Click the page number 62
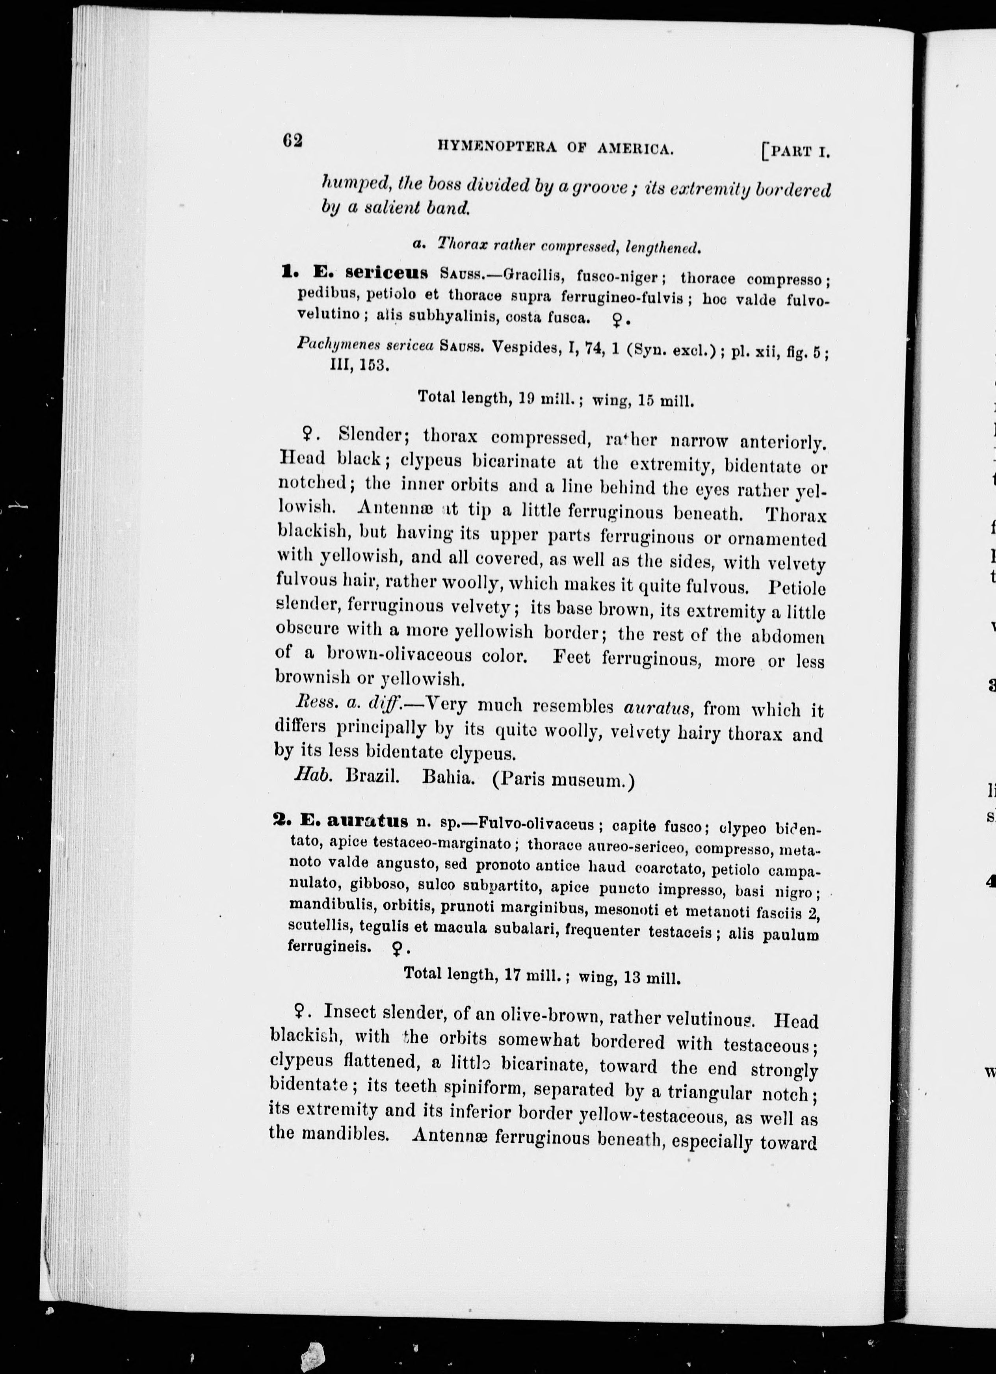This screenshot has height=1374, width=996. click(292, 141)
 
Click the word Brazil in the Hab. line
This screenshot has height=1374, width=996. click(372, 776)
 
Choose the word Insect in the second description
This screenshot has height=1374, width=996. click(351, 1011)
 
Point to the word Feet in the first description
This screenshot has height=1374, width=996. click(572, 657)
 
